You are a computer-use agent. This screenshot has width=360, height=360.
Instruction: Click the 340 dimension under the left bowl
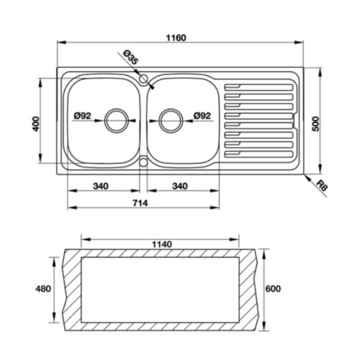click(101, 186)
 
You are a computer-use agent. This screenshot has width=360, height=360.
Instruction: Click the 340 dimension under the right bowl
click(180, 186)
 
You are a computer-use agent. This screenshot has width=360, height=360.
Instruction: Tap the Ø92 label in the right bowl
click(202, 115)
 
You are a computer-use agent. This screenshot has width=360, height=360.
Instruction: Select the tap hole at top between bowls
click(144, 77)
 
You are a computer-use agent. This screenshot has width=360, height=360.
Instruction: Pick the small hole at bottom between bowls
click(144, 163)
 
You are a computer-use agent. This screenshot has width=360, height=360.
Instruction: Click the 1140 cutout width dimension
click(163, 244)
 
